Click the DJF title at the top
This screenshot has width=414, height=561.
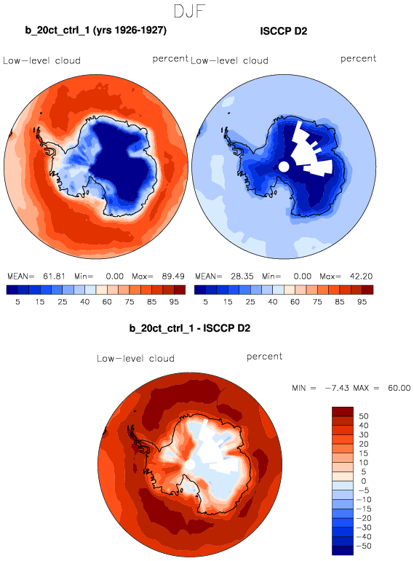tap(189, 11)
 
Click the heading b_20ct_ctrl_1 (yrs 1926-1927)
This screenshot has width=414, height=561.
tap(95, 31)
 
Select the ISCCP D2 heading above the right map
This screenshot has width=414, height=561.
tap(283, 31)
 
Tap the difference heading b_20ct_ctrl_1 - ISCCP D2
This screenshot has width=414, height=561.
tap(190, 328)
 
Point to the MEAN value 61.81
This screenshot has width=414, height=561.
tap(54, 276)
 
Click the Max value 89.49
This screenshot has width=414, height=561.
tap(173, 276)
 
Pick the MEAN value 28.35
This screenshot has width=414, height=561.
tap(242, 276)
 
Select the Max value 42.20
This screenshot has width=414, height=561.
tap(361, 276)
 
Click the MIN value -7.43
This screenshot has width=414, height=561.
tap(337, 388)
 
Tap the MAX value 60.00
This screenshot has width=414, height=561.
tap(399, 388)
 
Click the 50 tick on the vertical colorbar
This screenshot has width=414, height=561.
tap(364, 416)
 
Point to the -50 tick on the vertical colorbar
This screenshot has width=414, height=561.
tap(365, 546)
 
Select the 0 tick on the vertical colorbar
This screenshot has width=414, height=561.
tap(364, 481)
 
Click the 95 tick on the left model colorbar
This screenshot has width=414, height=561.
tap(174, 302)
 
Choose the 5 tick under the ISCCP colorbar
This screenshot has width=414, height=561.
tap(205, 302)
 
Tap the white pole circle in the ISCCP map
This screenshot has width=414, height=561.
tap(283, 167)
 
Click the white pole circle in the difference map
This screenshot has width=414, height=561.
tap(190, 465)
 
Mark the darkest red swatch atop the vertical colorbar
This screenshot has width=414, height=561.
tap(343, 411)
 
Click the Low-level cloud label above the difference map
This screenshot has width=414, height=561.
tap(135, 358)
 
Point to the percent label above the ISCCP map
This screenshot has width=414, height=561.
tap(358, 59)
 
